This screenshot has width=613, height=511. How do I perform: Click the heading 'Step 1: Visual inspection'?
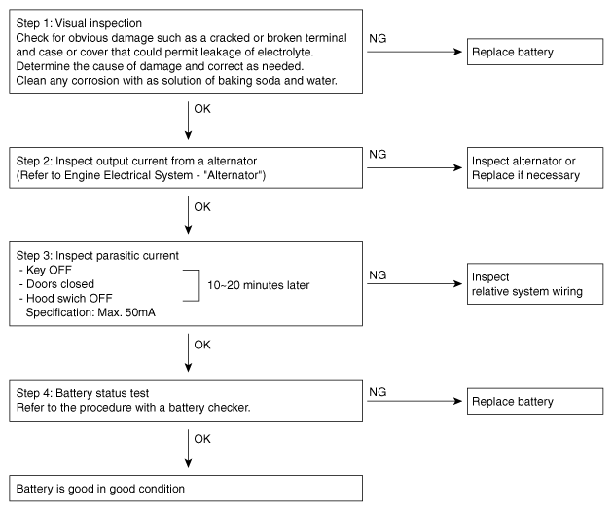pyautogui.click(x=79, y=23)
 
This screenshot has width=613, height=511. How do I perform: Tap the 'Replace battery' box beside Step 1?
pyautogui.click(x=535, y=52)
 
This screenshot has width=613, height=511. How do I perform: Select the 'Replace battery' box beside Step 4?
pyautogui.click(x=535, y=401)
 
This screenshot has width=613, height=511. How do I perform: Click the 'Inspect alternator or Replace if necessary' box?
pyautogui.click(x=535, y=167)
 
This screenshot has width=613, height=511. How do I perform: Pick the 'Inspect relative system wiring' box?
pyautogui.click(x=535, y=284)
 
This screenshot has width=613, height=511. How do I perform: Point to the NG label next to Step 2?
pyautogui.click(x=378, y=155)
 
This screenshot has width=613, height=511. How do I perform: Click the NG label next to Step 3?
pyautogui.click(x=378, y=275)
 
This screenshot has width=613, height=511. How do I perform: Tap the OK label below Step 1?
pyautogui.click(x=202, y=109)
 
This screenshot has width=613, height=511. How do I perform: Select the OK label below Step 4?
pyautogui.click(x=202, y=439)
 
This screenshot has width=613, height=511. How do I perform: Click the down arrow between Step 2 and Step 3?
pyautogui.click(x=188, y=215)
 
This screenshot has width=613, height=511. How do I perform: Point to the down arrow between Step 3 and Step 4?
pyautogui.click(x=188, y=352)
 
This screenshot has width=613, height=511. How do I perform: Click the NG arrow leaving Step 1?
pyautogui.click(x=415, y=52)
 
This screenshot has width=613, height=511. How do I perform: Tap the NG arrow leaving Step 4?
pyautogui.click(x=415, y=401)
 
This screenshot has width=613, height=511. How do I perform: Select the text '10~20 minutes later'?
pyautogui.click(x=259, y=285)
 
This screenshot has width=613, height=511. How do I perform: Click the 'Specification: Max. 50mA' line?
pyautogui.click(x=90, y=312)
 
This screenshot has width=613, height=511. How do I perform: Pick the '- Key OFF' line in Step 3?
pyautogui.click(x=46, y=270)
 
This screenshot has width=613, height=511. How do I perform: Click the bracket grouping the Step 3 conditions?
pyautogui.click(x=199, y=285)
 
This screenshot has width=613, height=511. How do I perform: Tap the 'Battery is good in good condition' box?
pyautogui.click(x=186, y=489)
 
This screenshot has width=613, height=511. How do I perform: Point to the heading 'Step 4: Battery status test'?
pyautogui.click(x=83, y=393)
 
